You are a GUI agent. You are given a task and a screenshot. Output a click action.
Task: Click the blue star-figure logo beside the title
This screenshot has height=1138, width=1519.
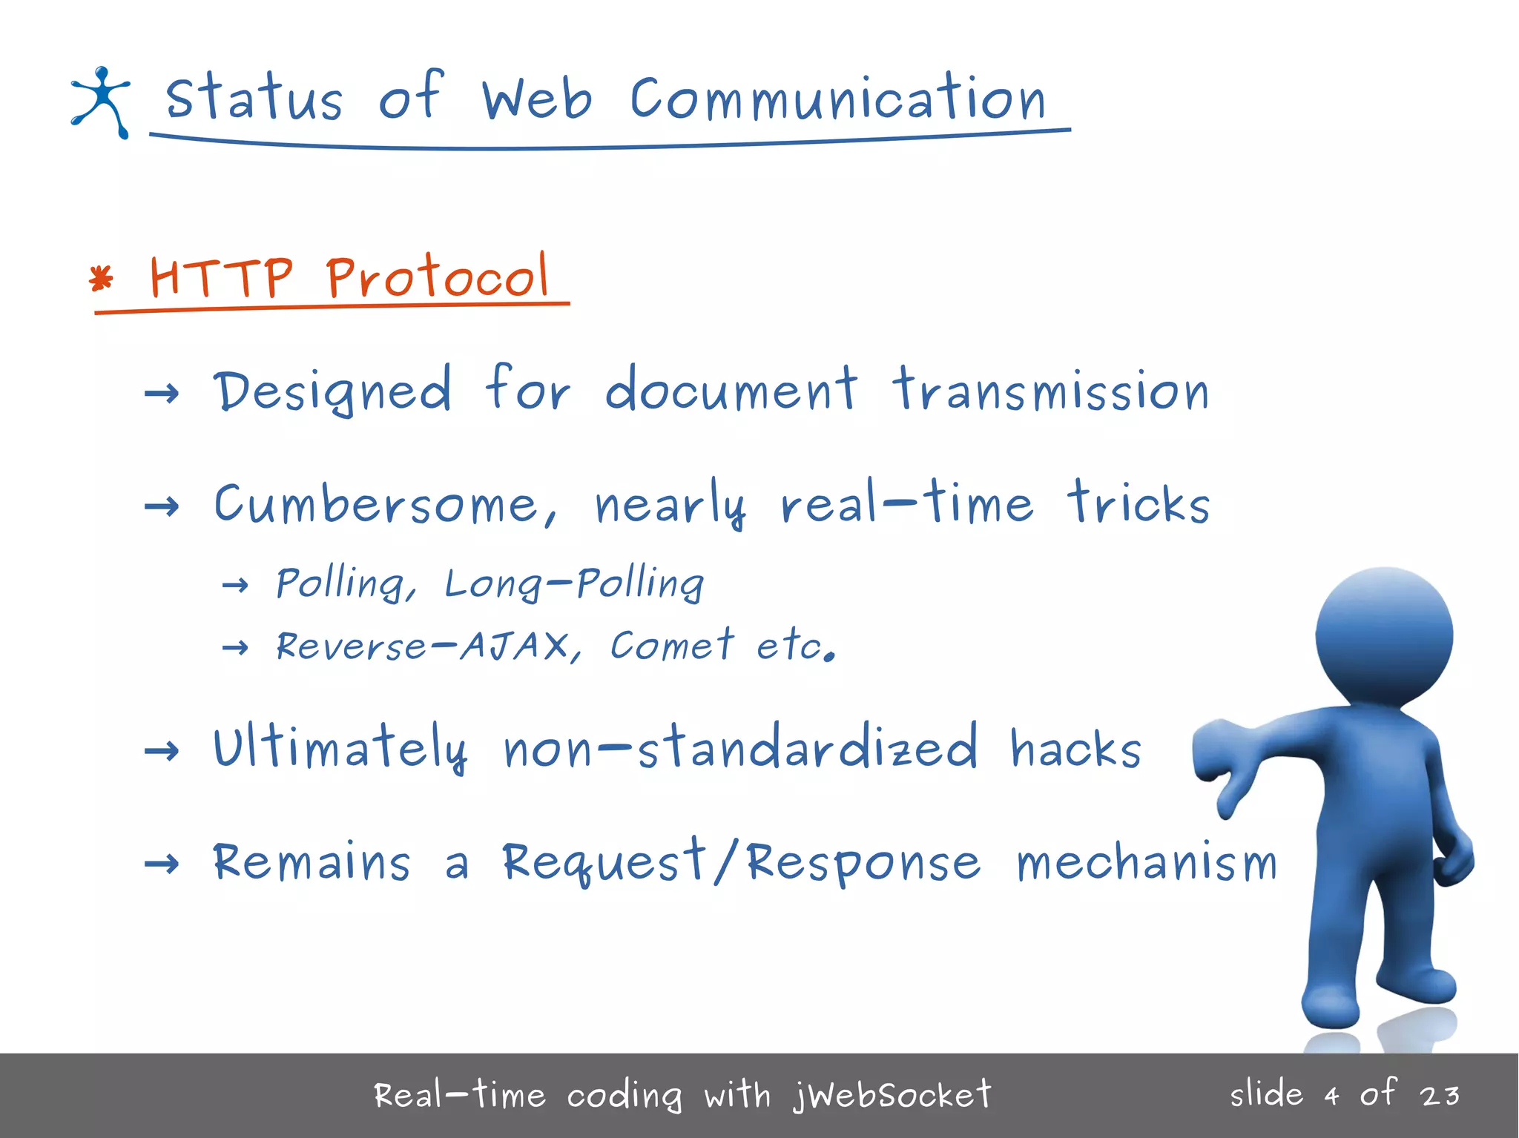[x=101, y=102]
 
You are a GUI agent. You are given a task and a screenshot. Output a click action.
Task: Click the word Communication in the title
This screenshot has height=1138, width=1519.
[x=837, y=100]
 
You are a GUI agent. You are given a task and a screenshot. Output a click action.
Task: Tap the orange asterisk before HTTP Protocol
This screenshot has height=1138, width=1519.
[x=101, y=279]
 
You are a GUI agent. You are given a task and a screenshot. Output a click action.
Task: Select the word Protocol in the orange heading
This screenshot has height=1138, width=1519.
[x=438, y=277]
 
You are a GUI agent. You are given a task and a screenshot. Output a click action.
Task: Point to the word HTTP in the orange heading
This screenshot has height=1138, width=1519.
[x=221, y=277]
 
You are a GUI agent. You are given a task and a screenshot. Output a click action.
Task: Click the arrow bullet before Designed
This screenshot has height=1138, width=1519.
[x=162, y=392]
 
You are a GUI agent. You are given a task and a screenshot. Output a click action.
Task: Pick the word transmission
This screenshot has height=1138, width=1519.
[x=1050, y=391]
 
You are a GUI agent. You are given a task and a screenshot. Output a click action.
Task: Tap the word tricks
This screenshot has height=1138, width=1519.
[x=1139, y=503]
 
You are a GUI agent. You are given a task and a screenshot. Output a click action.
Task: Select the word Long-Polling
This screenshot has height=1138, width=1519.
[x=573, y=583]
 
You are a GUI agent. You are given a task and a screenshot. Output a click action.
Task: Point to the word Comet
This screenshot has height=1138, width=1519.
[x=671, y=645]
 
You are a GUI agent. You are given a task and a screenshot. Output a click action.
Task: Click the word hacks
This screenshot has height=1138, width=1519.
[x=1075, y=749]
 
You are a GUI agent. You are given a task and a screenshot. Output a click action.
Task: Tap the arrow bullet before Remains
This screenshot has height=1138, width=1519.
[x=162, y=863]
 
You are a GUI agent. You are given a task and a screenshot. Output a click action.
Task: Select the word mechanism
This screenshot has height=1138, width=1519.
[x=1147, y=864]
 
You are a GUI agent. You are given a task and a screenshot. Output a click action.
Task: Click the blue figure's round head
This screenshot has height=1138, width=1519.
[x=1384, y=635]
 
